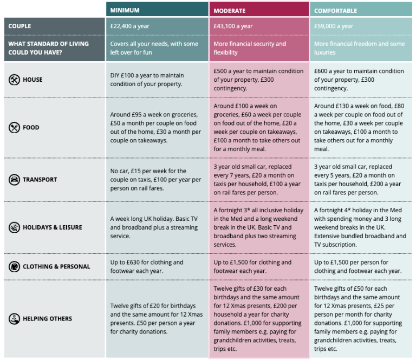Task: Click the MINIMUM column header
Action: pyautogui.click(x=125, y=10)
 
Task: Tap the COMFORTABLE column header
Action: pyautogui.click(x=336, y=10)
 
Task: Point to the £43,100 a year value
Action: pyautogui.click(x=233, y=26)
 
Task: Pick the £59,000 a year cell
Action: pyautogui.click(x=334, y=26)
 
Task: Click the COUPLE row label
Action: pyautogui.click(x=19, y=26)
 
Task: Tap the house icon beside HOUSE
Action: pyautogui.click(x=14, y=80)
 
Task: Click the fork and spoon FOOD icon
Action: pyautogui.click(x=14, y=128)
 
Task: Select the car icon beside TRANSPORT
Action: pyautogui.click(x=14, y=180)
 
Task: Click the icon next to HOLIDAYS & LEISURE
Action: pyautogui.click(x=14, y=227)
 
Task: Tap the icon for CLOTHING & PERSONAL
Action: pyautogui.click(x=14, y=266)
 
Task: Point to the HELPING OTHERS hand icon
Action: pyautogui.click(x=14, y=319)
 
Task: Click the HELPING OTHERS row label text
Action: pyautogui.click(x=47, y=319)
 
